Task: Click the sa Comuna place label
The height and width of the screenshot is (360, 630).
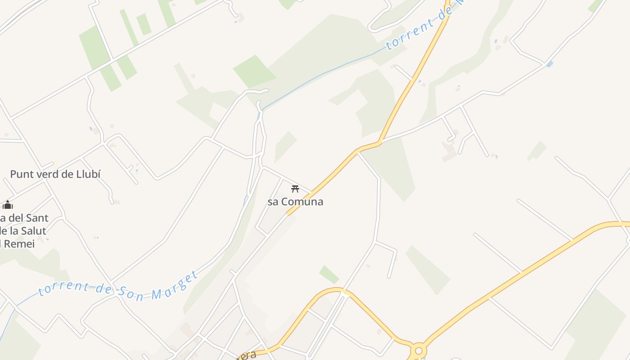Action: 295,202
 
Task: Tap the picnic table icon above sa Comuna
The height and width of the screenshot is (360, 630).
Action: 295,189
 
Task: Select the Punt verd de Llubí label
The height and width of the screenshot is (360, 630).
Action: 55,174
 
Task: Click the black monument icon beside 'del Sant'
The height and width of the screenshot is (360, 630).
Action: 7,205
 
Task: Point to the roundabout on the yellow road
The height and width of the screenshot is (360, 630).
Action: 418,350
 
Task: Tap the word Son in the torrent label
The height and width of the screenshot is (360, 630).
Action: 131,293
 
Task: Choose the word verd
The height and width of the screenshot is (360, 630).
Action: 48,174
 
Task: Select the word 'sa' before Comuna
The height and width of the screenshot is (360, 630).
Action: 273,202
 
